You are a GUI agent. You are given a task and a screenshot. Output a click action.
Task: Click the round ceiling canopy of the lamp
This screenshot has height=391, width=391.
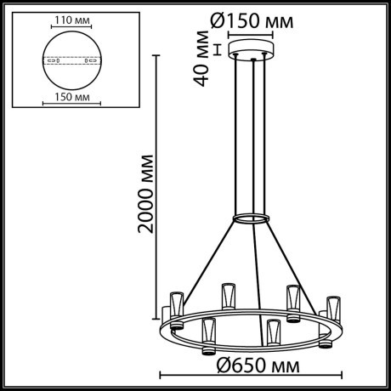click(250, 51)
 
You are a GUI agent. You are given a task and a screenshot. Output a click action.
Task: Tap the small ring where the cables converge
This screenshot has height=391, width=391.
click(251, 218)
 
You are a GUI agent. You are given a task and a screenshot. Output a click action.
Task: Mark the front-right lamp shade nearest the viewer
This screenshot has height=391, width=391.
click(272, 331)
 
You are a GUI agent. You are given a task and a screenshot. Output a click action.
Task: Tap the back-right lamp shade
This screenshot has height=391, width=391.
click(293, 297)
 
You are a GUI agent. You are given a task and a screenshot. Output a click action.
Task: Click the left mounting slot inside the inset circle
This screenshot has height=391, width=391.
click(50, 62)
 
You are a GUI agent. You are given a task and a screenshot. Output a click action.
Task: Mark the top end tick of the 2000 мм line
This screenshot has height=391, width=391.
click(156, 54)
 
